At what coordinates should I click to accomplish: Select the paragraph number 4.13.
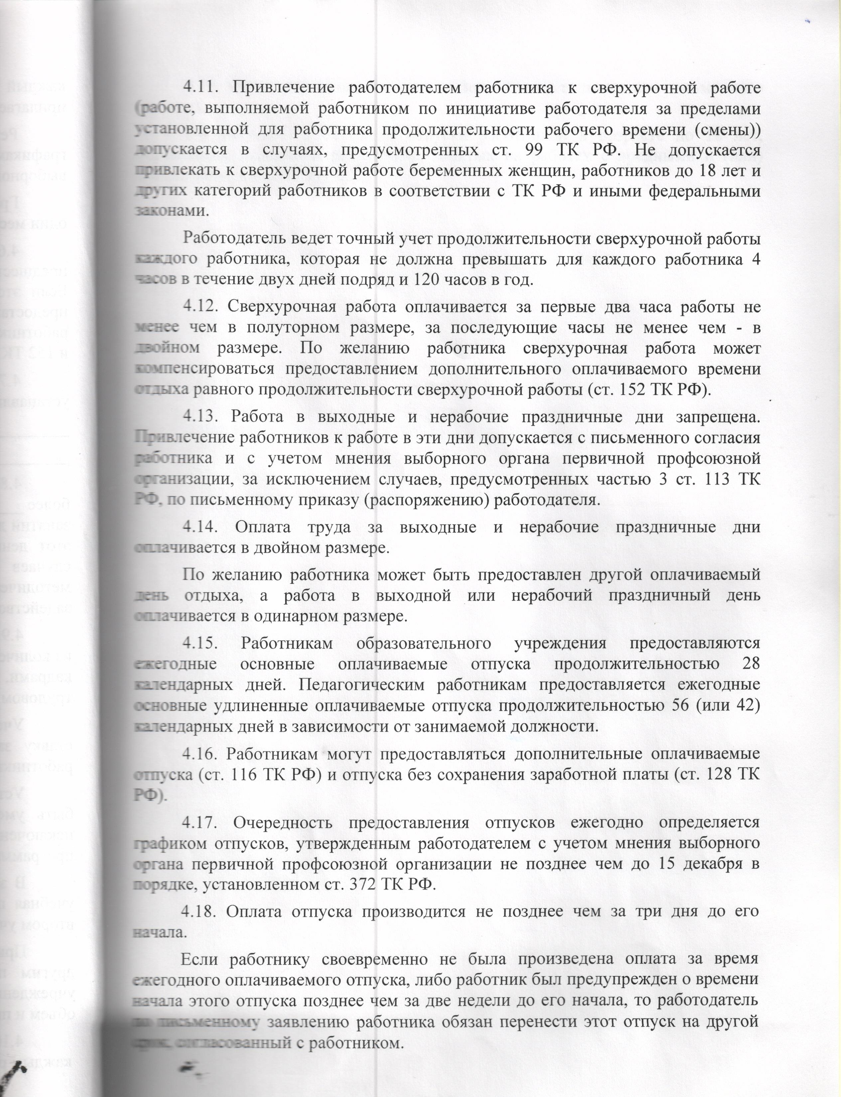point(200,417)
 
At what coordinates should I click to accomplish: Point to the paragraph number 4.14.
point(200,527)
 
